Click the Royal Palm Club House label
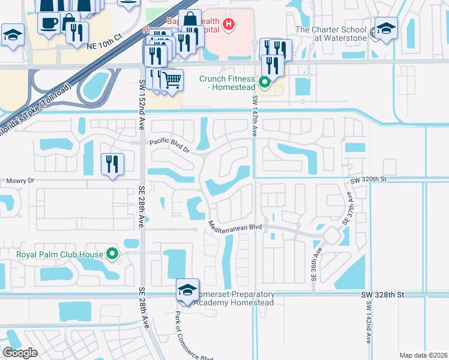pyautogui.click(x=59, y=254)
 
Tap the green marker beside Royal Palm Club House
pyautogui.click(x=112, y=254)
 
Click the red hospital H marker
pyautogui.click(x=228, y=25)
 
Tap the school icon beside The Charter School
pyautogui.click(x=386, y=28)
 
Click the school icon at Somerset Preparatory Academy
pyautogui.click(x=188, y=291)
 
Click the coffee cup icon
pyautogui.click(x=49, y=22)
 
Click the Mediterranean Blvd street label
pyautogui.click(x=235, y=227)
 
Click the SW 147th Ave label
pyautogui.click(x=255, y=115)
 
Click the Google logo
pyautogui.click(x=20, y=352)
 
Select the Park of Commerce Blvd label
pyautogui.click(x=194, y=333)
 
